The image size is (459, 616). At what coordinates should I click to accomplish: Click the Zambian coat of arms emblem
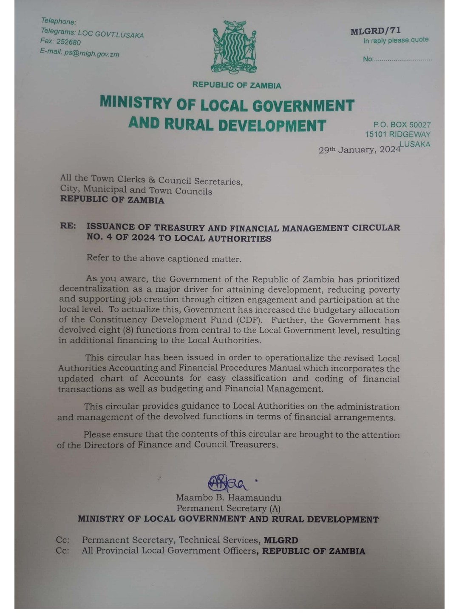point(234,47)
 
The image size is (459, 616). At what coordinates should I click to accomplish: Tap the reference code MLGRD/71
point(375,31)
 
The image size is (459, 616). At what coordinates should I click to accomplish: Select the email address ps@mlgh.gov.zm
point(92,54)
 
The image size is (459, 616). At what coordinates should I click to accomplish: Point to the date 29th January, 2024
point(360,150)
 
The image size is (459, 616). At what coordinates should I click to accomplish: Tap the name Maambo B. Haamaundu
point(229,498)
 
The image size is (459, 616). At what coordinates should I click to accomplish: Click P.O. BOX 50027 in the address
point(402,125)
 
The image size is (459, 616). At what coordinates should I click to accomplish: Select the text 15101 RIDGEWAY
point(398,134)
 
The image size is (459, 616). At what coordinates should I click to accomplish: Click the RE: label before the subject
point(68,226)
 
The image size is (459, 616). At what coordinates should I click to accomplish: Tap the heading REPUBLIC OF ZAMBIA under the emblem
point(237,85)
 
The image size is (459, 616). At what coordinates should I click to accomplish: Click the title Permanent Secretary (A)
point(229,508)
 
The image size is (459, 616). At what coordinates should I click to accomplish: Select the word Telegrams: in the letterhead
point(58,31)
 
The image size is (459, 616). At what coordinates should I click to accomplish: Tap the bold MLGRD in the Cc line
point(281,540)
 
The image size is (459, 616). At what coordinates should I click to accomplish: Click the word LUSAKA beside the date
point(415,144)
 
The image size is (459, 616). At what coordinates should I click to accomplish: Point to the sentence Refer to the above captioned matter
point(164,259)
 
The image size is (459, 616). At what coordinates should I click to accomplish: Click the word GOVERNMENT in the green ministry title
point(303,105)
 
